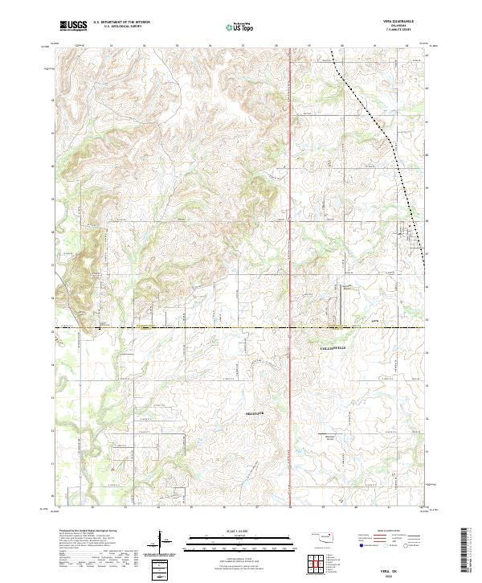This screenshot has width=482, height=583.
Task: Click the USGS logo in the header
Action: [x=73, y=26]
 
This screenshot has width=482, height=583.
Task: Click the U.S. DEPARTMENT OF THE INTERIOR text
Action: [x=121, y=23]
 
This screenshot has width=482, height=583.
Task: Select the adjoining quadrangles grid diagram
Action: [x=315, y=565]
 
